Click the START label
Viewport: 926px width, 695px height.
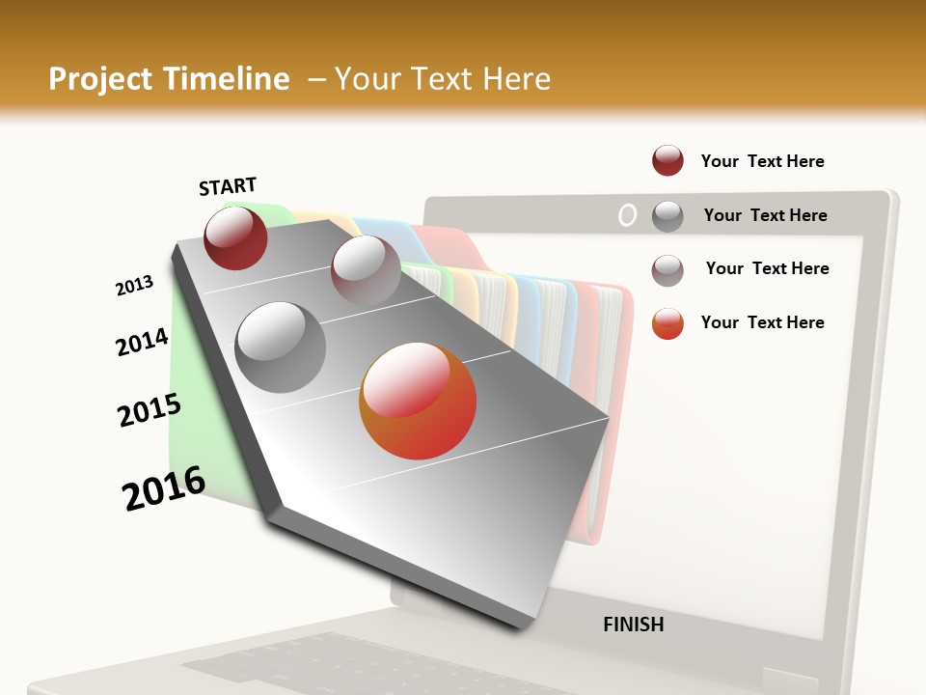228,186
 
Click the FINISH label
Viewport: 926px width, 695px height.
633,625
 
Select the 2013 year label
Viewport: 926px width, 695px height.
134,286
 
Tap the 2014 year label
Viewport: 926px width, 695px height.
142,342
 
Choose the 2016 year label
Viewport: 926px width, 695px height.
164,488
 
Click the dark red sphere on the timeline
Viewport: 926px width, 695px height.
235,238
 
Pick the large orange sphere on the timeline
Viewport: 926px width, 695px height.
418,401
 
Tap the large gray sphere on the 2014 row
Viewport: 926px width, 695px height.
281,347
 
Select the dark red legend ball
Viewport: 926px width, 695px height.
667,160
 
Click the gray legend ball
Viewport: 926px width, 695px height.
667,216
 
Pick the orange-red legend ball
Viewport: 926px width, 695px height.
667,323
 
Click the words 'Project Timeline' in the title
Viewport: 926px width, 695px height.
169,79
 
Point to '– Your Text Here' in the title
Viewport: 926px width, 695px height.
429,79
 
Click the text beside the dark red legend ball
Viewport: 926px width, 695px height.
762,161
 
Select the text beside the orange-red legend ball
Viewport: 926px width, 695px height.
762,322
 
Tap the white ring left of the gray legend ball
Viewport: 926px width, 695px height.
627,216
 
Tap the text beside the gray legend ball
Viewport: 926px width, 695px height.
765,215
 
